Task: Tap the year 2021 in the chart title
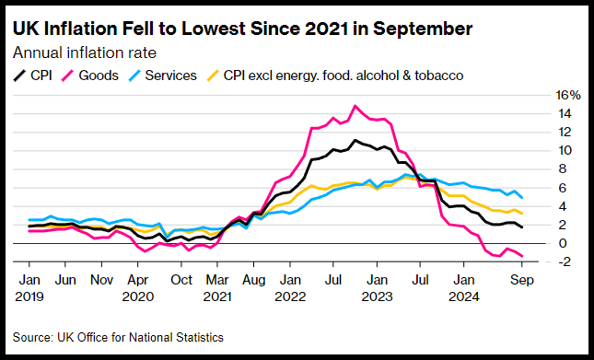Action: coord(326,29)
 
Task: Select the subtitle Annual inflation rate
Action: coord(85,52)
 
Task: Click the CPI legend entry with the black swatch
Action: coord(32,75)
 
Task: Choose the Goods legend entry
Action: coord(88,75)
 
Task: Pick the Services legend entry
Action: coord(161,75)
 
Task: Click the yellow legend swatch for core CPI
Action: coord(212,75)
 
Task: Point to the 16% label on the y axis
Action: coord(568,95)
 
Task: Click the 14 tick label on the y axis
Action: coord(564,113)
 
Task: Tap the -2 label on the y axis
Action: coord(563,261)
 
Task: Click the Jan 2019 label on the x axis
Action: coord(29,287)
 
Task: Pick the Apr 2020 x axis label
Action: coord(137,287)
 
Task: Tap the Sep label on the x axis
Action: coord(521,280)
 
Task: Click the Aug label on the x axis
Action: coord(253,280)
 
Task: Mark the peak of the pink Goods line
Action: coord(355,106)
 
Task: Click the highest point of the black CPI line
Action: coord(355,140)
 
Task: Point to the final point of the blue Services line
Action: coord(522,197)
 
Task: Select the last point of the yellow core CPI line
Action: coord(522,213)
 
